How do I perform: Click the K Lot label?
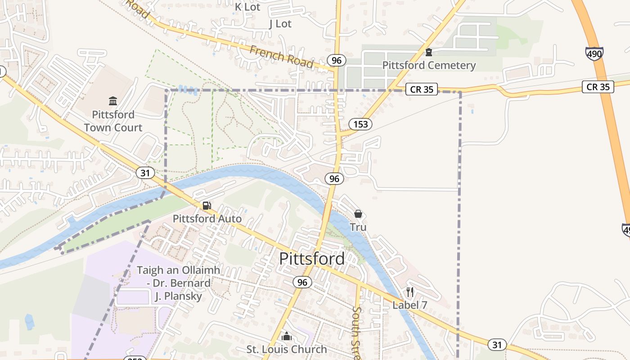[247, 7]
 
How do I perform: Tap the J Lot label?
[280, 24]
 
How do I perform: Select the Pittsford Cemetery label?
[429, 65]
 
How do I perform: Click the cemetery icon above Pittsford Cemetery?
[429, 52]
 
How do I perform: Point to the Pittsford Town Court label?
[113, 121]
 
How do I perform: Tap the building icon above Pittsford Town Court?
[113, 101]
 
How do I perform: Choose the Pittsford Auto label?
[207, 219]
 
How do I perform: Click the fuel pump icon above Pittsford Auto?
[207, 206]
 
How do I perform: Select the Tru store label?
[358, 227]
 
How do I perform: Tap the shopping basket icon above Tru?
[358, 214]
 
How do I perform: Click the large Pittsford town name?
[312, 259]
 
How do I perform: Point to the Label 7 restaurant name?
[409, 305]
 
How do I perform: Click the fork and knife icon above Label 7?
[409, 292]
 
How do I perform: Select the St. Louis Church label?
[287, 349]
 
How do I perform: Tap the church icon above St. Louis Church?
[287, 336]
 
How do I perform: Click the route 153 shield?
[360, 124]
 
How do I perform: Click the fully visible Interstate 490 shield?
[594, 54]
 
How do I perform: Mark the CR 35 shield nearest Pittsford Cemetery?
[422, 89]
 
